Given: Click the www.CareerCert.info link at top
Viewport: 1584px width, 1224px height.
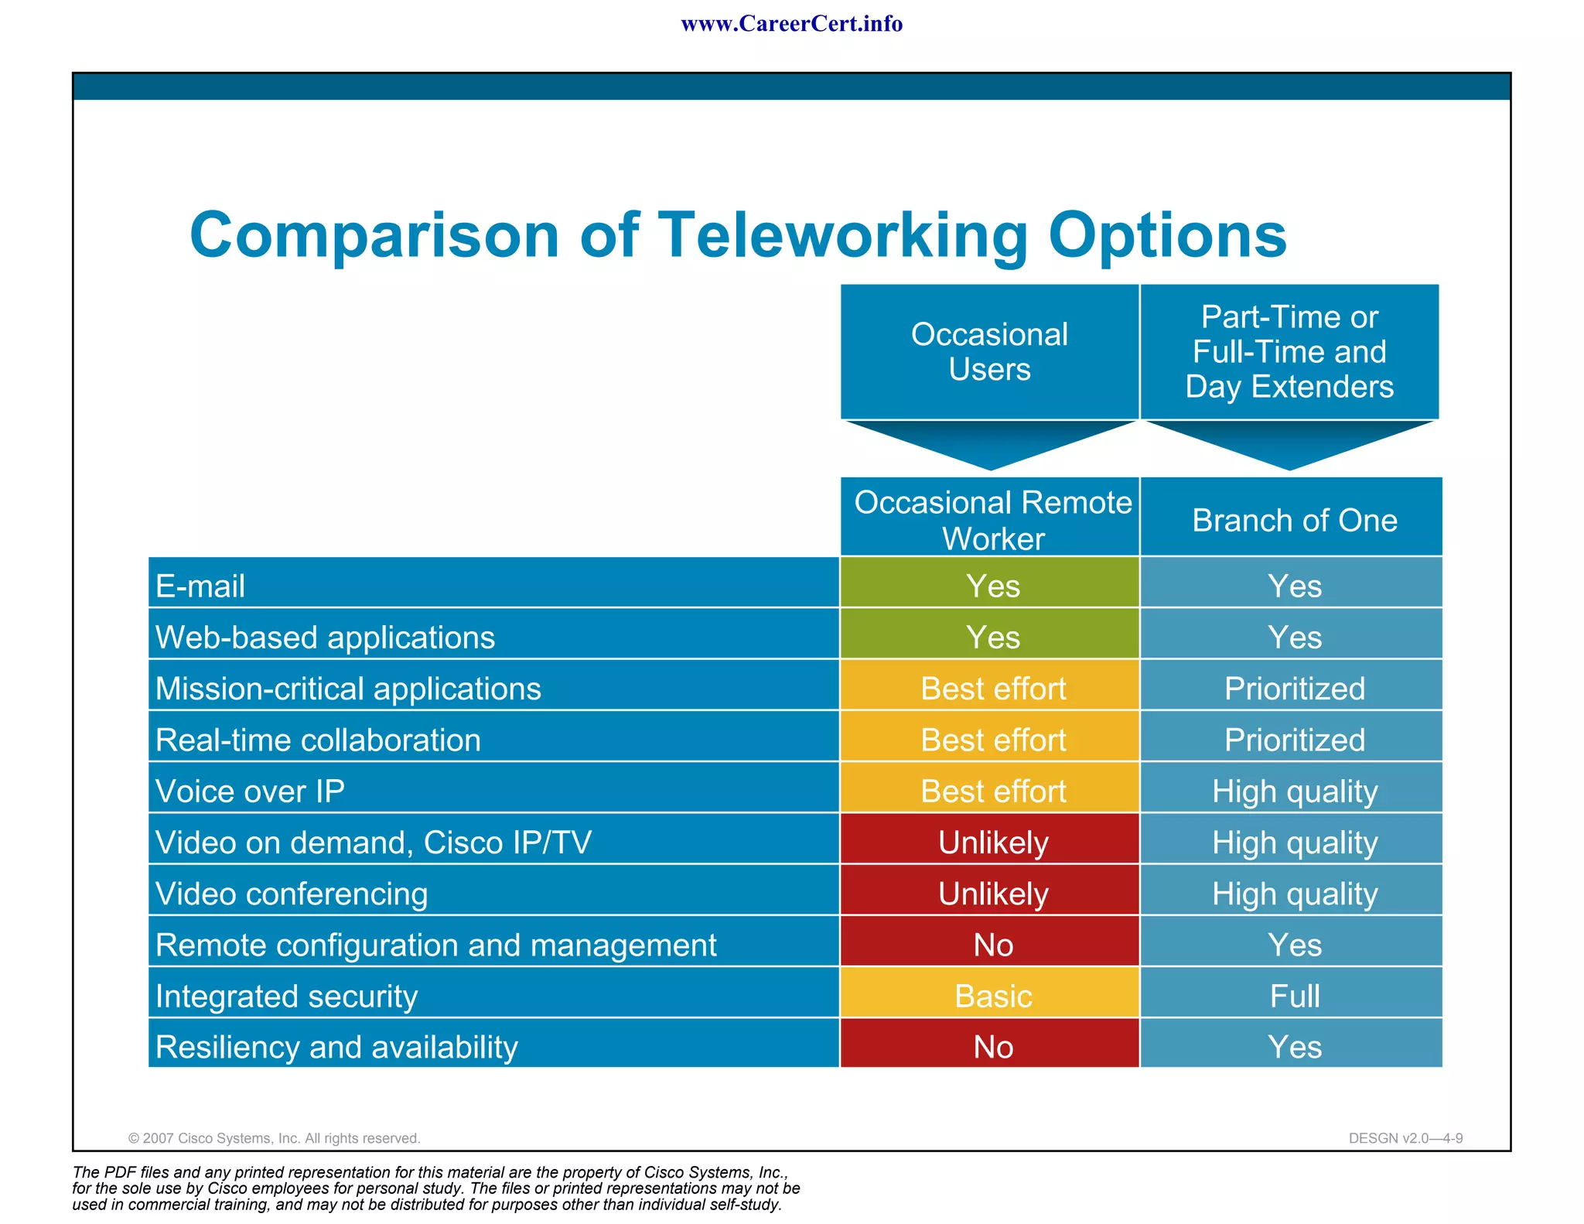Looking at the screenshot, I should click(x=791, y=24).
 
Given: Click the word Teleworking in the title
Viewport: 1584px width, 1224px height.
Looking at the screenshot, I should click(x=842, y=235).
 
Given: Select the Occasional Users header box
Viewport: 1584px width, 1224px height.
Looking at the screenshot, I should click(x=989, y=352).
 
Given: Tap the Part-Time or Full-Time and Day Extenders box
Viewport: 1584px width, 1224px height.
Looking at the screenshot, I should click(x=1289, y=352).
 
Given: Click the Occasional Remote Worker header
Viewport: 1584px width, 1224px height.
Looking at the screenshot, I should click(x=992, y=519).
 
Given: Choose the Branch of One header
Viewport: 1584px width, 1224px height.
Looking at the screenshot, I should click(x=1294, y=520).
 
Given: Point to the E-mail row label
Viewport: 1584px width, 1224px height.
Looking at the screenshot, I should click(x=200, y=586).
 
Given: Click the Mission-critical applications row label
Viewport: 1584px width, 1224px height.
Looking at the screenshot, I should click(x=348, y=689).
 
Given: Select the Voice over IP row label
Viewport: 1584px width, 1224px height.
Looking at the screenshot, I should click(x=250, y=791).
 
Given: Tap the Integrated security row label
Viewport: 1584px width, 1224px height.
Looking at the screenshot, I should click(x=286, y=996).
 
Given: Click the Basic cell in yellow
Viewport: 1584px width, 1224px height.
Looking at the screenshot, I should click(x=992, y=996).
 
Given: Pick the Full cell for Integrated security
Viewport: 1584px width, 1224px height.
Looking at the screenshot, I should click(x=1294, y=996).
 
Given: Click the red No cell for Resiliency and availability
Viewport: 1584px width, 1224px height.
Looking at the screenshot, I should click(x=992, y=1047).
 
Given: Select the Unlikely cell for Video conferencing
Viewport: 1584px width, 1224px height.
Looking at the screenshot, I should click(x=992, y=894).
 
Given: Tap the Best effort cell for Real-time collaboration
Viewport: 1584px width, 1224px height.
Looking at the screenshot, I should click(x=992, y=740).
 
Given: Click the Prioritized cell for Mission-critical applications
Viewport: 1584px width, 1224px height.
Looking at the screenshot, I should click(x=1294, y=689).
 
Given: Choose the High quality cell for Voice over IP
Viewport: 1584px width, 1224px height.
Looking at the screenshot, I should click(x=1294, y=791).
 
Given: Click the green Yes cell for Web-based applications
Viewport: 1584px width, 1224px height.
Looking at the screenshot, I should click(x=992, y=638).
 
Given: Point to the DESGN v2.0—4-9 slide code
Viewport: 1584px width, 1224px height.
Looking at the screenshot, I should click(x=1405, y=1138).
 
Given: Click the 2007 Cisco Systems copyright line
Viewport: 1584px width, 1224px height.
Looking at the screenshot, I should click(x=274, y=1138).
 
